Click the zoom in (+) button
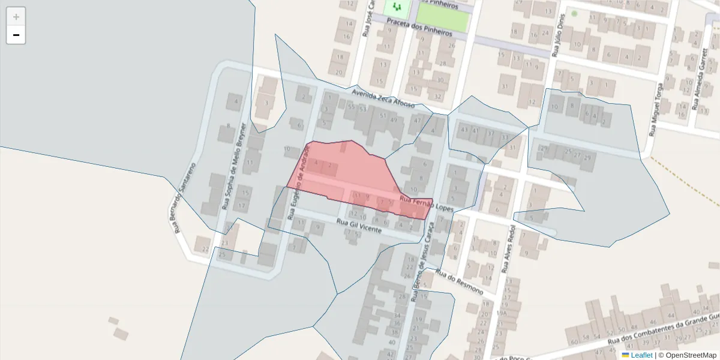click(x=16, y=17)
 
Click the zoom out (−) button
click(x=16, y=35)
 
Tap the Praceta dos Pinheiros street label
click(x=419, y=26)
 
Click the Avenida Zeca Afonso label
click(x=383, y=98)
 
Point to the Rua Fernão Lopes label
click(x=425, y=203)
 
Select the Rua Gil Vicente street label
click(x=359, y=226)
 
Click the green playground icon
click(x=396, y=8)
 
